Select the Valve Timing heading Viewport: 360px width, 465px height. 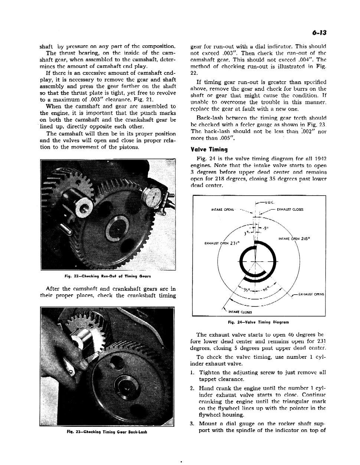click(x=209, y=150)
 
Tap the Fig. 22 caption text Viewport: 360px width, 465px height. click(x=108, y=276)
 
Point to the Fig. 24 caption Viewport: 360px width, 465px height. click(x=258, y=322)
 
